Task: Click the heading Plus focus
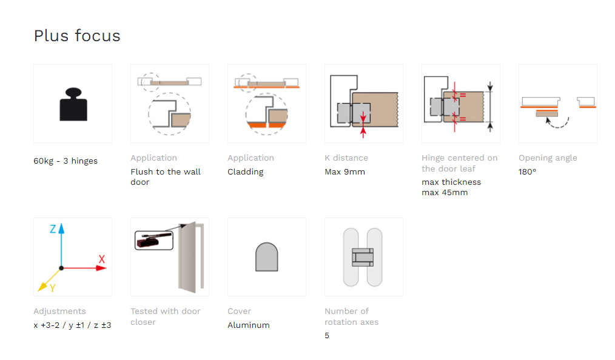77,36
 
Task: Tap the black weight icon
73,104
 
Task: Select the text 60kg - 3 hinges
66,161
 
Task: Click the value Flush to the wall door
166,177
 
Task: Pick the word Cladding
246,172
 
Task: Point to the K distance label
346,158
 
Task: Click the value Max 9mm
344,172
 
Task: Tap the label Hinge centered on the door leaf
460,164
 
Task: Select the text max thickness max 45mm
451,187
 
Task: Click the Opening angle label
548,158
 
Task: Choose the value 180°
527,172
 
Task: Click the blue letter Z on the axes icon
53,229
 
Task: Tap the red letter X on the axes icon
101,259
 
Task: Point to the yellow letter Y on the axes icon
52,288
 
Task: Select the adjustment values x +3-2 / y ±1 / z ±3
72,325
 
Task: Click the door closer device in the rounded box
154,240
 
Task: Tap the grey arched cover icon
267,257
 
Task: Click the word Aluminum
249,325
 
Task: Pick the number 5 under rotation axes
327,336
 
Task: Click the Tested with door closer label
166,316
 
